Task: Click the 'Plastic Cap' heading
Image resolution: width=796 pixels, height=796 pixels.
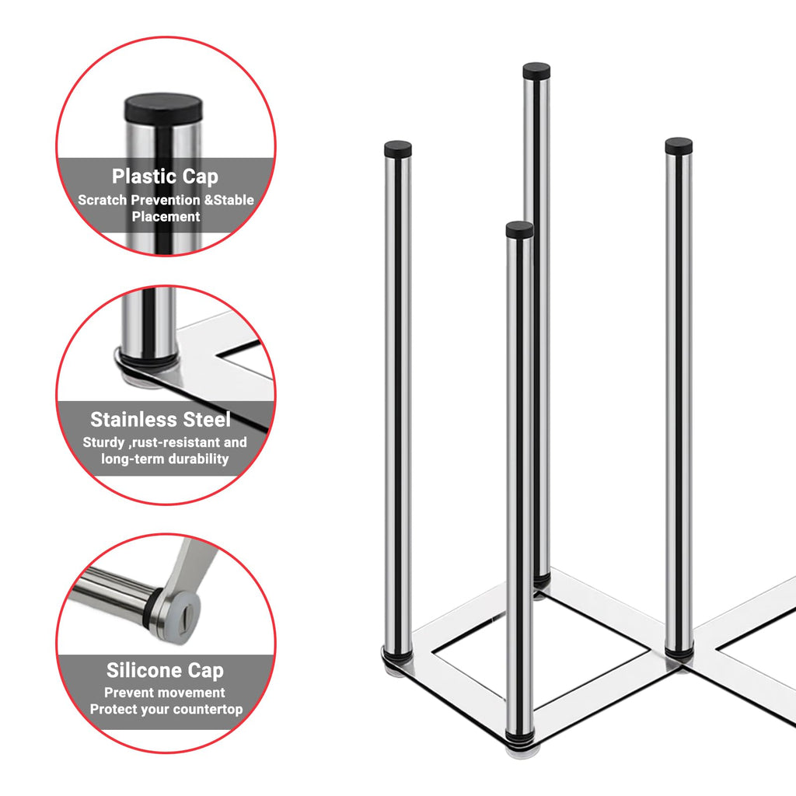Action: point(165,176)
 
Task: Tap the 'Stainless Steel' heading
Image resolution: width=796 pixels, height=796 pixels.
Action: point(160,420)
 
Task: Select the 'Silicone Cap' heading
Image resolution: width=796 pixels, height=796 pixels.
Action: point(165,671)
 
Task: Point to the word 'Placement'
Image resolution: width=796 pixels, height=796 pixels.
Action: point(166,217)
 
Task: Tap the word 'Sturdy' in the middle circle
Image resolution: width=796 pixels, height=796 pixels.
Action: point(103,442)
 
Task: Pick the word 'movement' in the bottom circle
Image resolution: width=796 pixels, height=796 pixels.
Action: point(193,693)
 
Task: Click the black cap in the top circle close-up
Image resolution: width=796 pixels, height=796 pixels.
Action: point(163,108)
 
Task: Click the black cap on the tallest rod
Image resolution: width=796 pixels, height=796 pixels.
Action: point(536,70)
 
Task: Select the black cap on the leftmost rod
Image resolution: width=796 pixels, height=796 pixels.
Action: point(398,148)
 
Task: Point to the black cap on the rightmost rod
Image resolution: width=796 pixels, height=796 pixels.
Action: point(679,145)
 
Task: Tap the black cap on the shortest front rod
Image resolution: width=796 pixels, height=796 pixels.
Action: point(520,229)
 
